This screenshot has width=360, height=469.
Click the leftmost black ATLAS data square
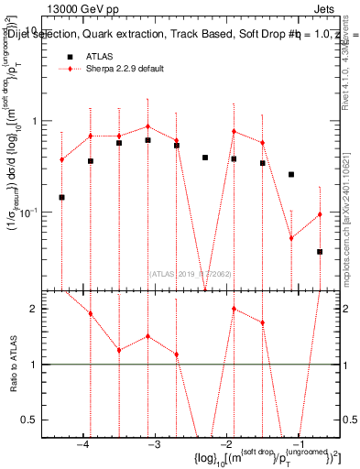(x=61, y=197)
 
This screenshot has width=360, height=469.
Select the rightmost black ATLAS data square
(x=320, y=251)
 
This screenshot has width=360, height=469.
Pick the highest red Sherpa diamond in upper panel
(x=147, y=126)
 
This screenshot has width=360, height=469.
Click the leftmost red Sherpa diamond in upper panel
(x=61, y=159)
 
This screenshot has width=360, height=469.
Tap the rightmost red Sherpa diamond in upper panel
(x=320, y=214)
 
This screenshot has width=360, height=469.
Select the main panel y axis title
(x=16, y=156)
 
